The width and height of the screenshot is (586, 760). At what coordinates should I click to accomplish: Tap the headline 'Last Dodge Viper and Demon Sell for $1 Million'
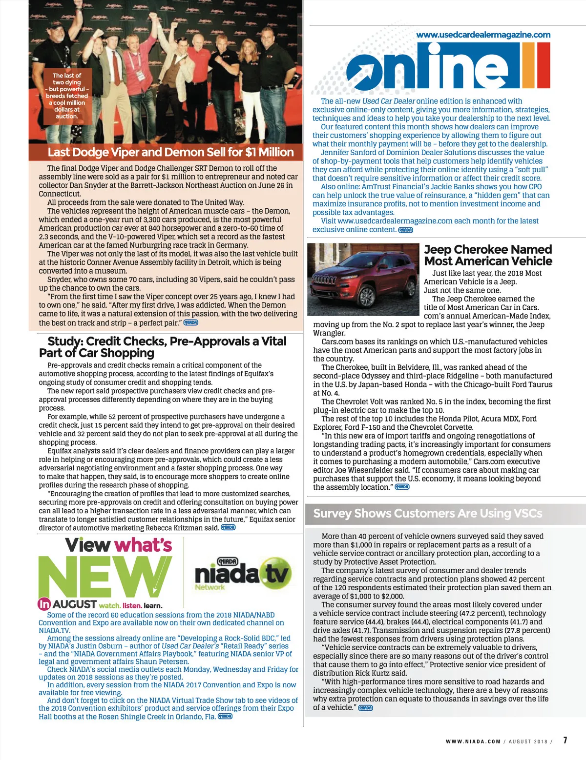171,152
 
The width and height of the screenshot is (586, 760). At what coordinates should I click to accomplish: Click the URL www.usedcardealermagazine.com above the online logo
483,35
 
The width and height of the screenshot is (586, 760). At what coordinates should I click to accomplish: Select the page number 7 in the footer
565,740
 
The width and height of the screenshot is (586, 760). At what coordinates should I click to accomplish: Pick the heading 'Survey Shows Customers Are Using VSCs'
427,513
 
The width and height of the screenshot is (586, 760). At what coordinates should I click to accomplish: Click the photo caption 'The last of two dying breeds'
67,96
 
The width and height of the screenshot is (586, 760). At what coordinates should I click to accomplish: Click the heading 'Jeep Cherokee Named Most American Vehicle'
488,255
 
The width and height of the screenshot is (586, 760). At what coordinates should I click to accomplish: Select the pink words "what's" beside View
143,545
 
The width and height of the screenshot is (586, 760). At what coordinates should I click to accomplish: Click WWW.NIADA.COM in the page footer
473,741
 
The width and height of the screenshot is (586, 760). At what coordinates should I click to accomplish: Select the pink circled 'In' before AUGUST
44,604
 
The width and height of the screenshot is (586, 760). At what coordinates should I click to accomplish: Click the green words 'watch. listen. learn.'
130,605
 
